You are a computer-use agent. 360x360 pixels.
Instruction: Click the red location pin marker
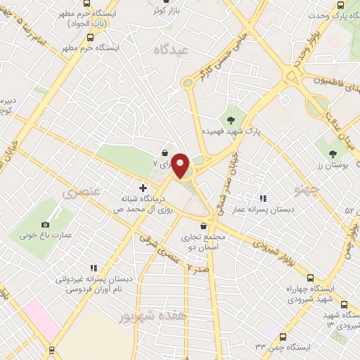[x=181, y=165]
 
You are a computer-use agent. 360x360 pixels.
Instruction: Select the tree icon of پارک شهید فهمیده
[x=231, y=118]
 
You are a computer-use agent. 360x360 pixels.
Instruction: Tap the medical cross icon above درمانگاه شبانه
[x=143, y=188]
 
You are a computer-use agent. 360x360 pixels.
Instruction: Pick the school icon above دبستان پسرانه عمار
[x=264, y=200]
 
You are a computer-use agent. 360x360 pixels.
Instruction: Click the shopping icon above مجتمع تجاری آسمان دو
[x=204, y=226]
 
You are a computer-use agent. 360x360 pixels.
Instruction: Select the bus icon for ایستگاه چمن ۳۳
[x=283, y=337]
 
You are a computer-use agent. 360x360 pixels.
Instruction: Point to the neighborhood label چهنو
[x=309, y=189]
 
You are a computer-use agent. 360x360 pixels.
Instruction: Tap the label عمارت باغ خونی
[x=45, y=237]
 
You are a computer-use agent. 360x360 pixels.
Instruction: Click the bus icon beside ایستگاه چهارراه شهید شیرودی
[x=344, y=304]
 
